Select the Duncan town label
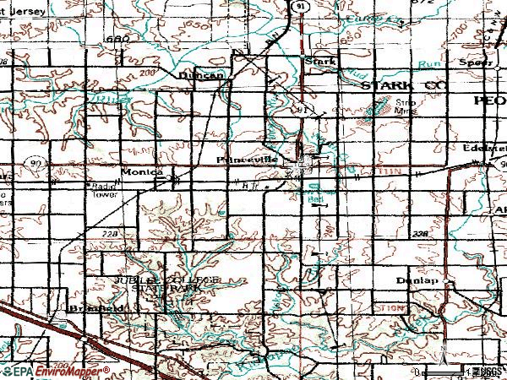[201, 74]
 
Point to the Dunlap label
[414, 279]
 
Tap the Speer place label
[475, 62]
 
